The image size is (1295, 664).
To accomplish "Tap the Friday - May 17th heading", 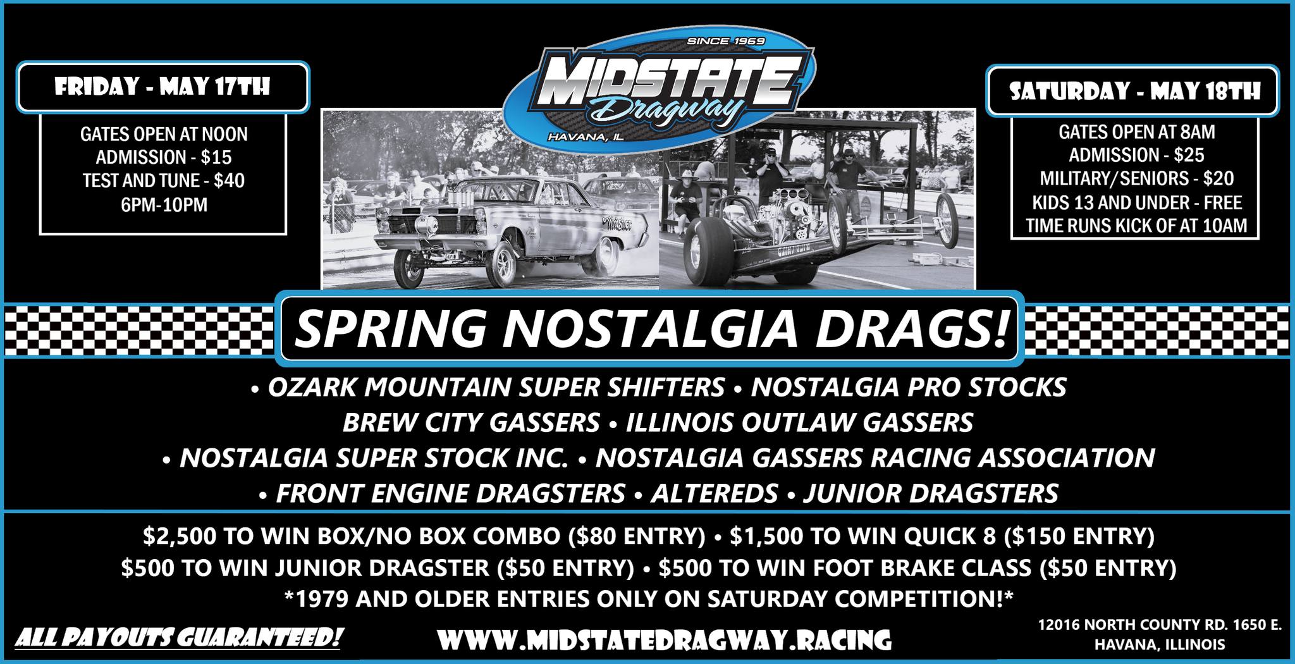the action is [x=163, y=87].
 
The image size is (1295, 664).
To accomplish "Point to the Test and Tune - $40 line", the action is [x=163, y=181].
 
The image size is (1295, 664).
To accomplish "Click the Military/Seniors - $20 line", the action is [x=1137, y=178].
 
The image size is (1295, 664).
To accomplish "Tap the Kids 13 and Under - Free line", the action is [x=1137, y=202].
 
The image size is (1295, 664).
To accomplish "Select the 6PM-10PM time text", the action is [x=163, y=205].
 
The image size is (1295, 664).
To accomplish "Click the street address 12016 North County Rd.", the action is [x=1160, y=625].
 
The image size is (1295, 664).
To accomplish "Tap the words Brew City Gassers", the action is [x=470, y=422].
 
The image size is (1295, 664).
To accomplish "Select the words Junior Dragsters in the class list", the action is [x=930, y=493].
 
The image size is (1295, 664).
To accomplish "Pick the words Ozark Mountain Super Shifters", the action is [x=496, y=387].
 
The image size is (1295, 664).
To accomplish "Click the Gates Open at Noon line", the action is [x=163, y=134].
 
